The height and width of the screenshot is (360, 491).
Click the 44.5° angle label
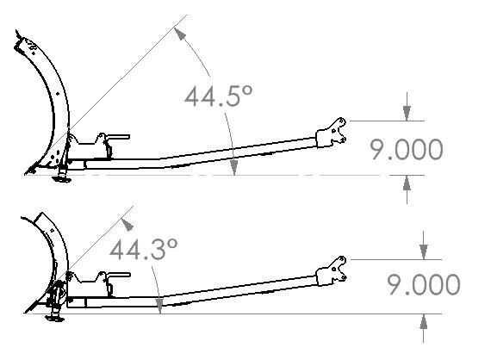(x=218, y=96)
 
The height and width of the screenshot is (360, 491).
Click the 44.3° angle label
(x=144, y=249)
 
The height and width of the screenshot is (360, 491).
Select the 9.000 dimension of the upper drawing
(x=407, y=150)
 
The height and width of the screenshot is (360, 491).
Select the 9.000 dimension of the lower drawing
(x=425, y=284)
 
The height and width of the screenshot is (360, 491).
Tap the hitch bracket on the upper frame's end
(x=332, y=133)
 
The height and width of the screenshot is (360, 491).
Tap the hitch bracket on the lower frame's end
(x=332, y=270)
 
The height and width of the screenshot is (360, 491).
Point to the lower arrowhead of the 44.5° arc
(x=233, y=167)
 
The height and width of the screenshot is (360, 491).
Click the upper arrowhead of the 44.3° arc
(x=127, y=225)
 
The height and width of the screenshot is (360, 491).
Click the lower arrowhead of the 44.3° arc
(x=159, y=306)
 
